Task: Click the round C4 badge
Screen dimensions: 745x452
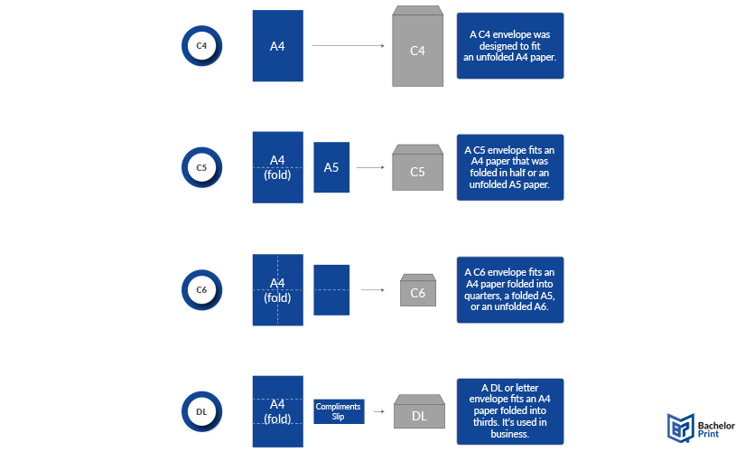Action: (201, 46)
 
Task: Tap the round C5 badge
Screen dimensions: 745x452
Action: (201, 167)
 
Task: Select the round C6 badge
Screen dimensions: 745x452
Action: (201, 290)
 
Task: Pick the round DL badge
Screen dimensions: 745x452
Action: (201, 411)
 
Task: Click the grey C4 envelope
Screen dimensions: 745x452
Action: (417, 46)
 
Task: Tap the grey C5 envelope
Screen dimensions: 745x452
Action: (417, 167)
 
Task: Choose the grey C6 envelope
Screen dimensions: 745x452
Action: (418, 290)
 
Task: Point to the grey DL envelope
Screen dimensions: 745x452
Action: (420, 411)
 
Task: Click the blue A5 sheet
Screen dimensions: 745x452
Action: (331, 167)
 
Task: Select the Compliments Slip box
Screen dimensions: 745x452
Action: (339, 411)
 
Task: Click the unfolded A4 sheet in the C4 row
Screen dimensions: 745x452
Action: (278, 46)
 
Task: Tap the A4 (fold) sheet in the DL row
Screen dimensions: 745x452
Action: (278, 411)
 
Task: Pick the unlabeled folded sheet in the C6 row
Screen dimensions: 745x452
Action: (331, 290)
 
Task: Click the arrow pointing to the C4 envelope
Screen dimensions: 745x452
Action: (348, 46)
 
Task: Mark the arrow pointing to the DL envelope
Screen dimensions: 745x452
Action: (379, 411)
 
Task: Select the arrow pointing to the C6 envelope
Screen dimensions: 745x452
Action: (373, 290)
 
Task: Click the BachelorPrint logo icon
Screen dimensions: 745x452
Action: (681, 428)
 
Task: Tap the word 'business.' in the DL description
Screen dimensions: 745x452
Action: (510, 434)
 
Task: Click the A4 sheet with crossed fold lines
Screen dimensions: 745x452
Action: (278, 290)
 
